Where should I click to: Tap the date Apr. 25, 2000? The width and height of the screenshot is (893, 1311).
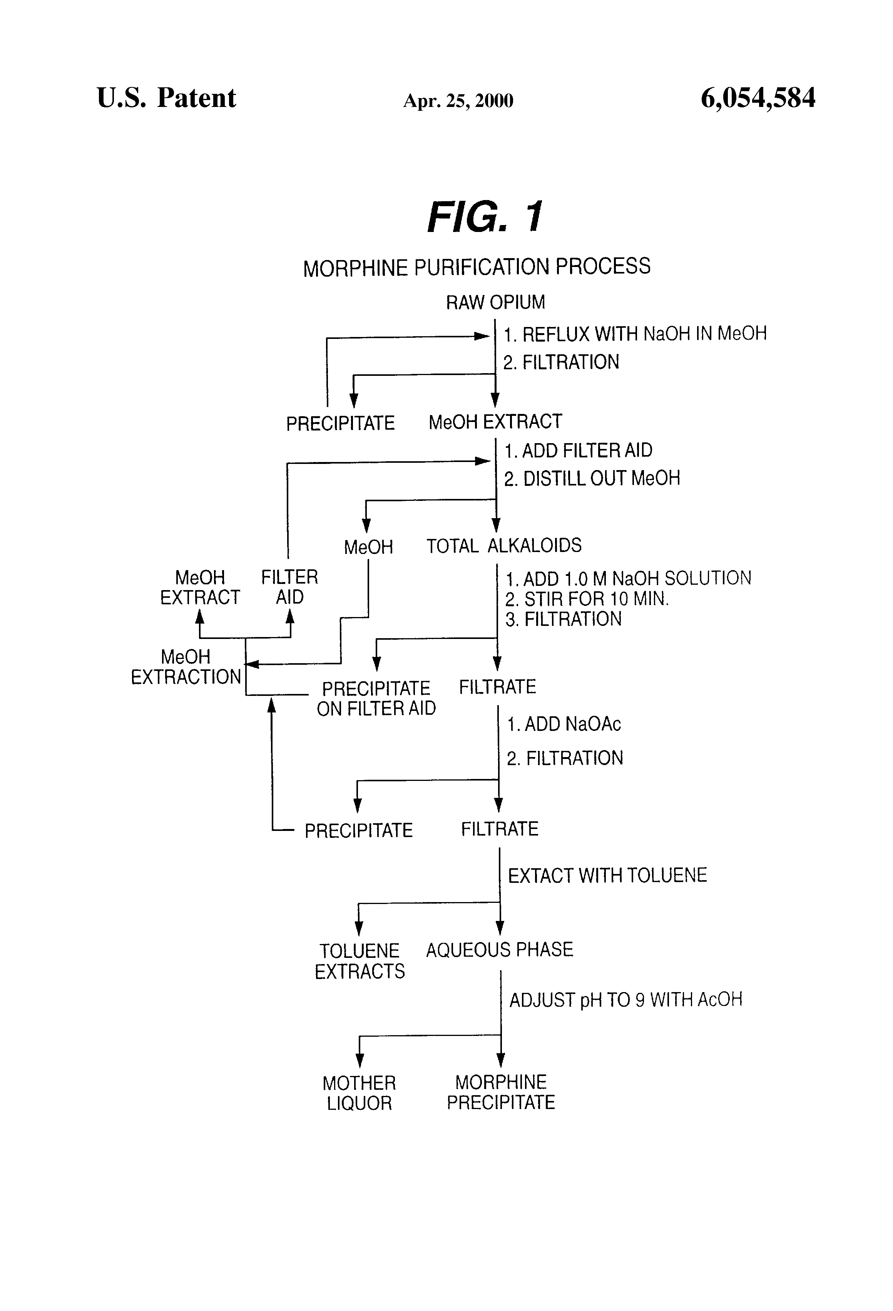[458, 101]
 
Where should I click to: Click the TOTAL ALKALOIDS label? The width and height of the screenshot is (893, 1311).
[503, 545]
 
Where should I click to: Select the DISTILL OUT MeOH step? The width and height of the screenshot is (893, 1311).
[592, 479]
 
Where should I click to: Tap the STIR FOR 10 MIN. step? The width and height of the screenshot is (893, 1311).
[587, 599]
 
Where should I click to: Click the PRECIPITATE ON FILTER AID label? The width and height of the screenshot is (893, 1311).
[376, 698]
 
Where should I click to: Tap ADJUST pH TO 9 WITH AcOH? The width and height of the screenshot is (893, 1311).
[625, 1000]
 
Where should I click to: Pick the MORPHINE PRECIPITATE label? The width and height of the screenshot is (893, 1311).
[501, 1092]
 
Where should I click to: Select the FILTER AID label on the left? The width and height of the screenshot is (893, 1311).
[289, 587]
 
